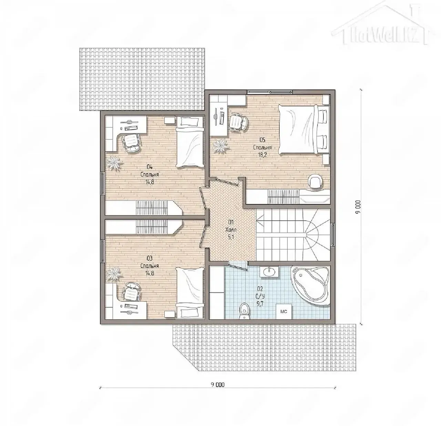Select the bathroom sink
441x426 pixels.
[269, 271]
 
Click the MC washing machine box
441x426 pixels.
[284, 312]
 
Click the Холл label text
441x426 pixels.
[231, 230]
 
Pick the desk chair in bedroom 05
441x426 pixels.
[238, 122]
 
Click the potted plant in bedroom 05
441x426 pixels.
[220, 146]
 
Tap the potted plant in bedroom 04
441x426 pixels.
[114, 163]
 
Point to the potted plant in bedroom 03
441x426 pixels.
[114, 273]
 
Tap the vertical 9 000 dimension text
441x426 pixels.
[357, 207]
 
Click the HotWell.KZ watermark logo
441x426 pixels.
[381, 25]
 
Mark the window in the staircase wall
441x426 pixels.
[333, 235]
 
